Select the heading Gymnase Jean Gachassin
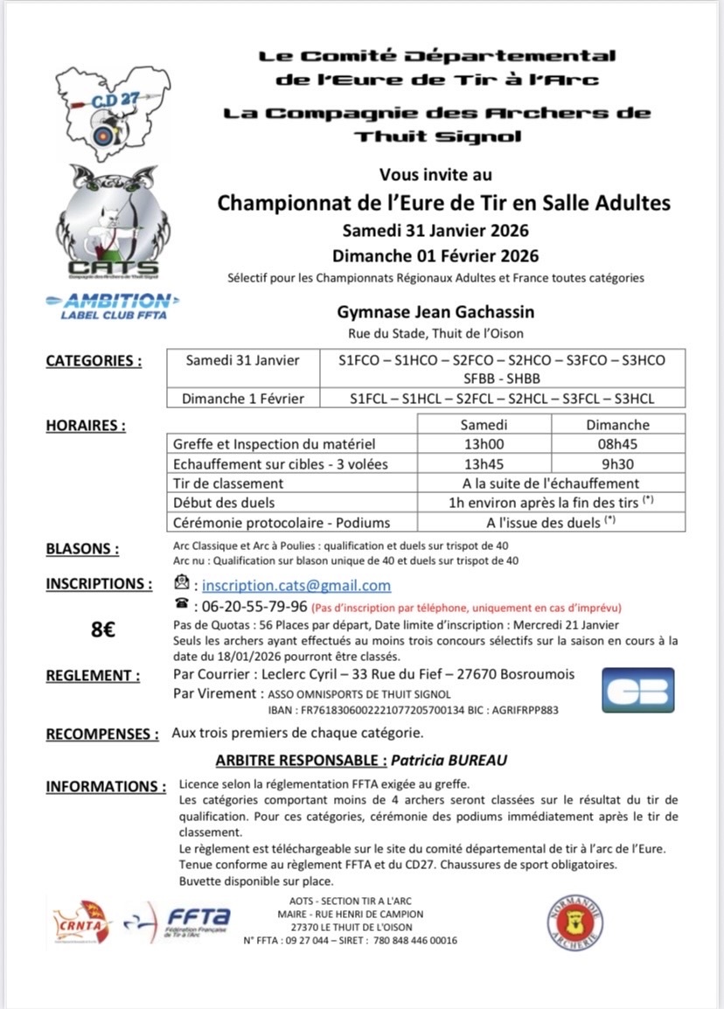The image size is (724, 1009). pyautogui.click(x=435, y=312)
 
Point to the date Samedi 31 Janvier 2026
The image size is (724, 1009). pyautogui.click(x=435, y=231)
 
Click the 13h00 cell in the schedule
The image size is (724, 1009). pyautogui.click(x=484, y=443)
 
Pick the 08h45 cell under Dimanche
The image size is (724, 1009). pyautogui.click(x=618, y=443)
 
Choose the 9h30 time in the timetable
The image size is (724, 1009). pyautogui.click(x=618, y=463)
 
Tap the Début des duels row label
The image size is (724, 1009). pyautogui.click(x=224, y=503)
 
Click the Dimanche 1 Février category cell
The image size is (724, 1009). pyautogui.click(x=243, y=399)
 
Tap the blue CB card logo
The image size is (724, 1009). pyautogui.click(x=639, y=691)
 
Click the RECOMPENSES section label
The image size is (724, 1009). pyautogui.click(x=102, y=734)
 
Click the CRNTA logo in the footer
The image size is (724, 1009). pyautogui.click(x=83, y=923)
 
